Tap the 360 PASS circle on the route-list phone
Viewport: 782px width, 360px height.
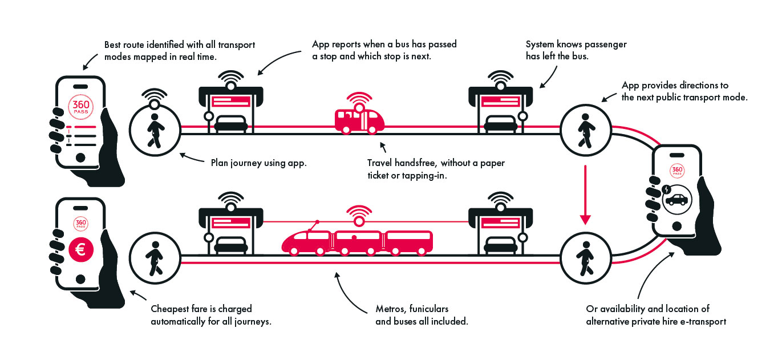[x=80, y=106]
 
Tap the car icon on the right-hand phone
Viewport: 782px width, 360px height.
[x=676, y=199]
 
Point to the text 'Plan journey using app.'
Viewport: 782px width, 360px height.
[x=258, y=163]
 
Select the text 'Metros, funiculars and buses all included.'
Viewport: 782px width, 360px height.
[x=421, y=315]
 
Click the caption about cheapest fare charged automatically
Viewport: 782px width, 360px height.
[x=210, y=315]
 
